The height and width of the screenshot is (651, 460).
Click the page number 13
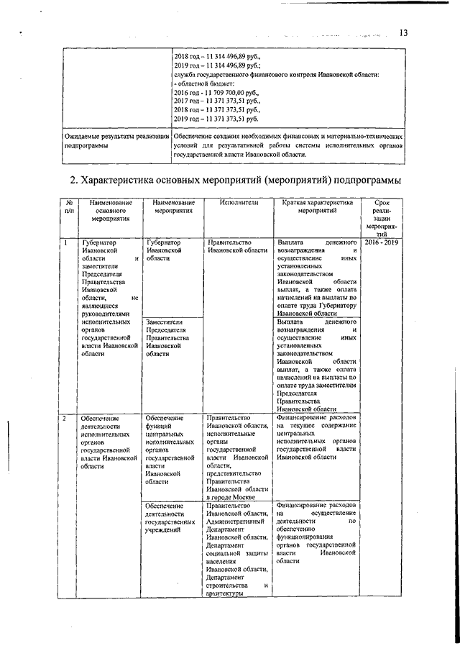(x=403, y=32)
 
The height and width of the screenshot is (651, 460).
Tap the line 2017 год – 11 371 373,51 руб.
(x=216, y=101)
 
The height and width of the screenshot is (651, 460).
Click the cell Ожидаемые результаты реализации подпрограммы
(x=115, y=140)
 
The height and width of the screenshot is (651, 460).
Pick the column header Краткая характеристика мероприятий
(x=316, y=208)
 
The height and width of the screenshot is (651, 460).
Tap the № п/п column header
(x=68, y=208)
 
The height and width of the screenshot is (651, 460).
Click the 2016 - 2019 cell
(x=382, y=244)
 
